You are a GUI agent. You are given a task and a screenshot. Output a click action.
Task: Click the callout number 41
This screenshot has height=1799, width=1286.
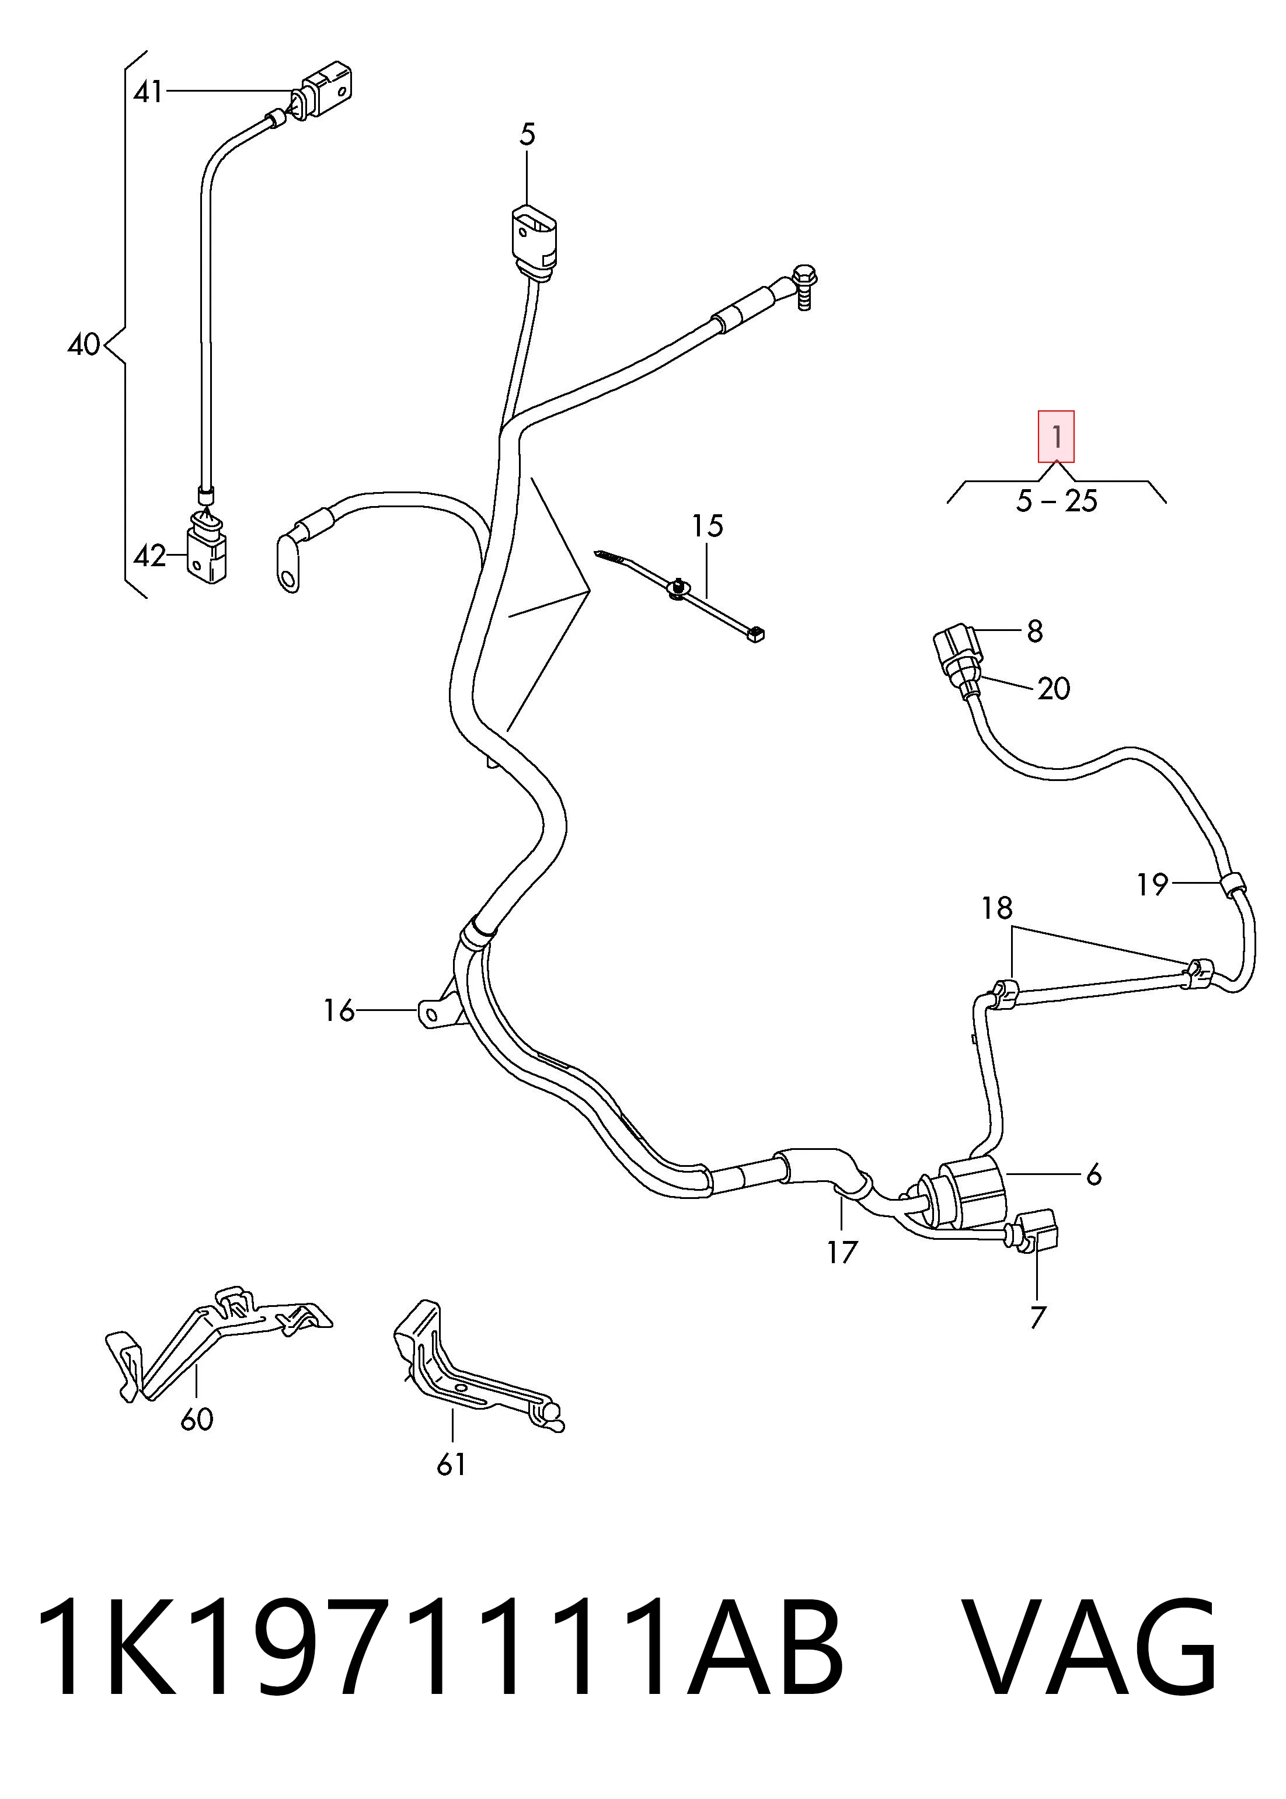point(148,93)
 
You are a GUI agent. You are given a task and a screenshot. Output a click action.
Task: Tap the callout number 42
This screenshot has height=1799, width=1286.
point(149,557)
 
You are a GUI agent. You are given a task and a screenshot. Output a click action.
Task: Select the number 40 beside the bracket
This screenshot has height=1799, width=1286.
point(84,344)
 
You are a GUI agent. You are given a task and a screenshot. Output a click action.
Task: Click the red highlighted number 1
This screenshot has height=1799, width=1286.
point(1057,436)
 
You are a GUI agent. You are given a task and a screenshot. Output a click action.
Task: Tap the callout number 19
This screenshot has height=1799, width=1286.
point(1153,884)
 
